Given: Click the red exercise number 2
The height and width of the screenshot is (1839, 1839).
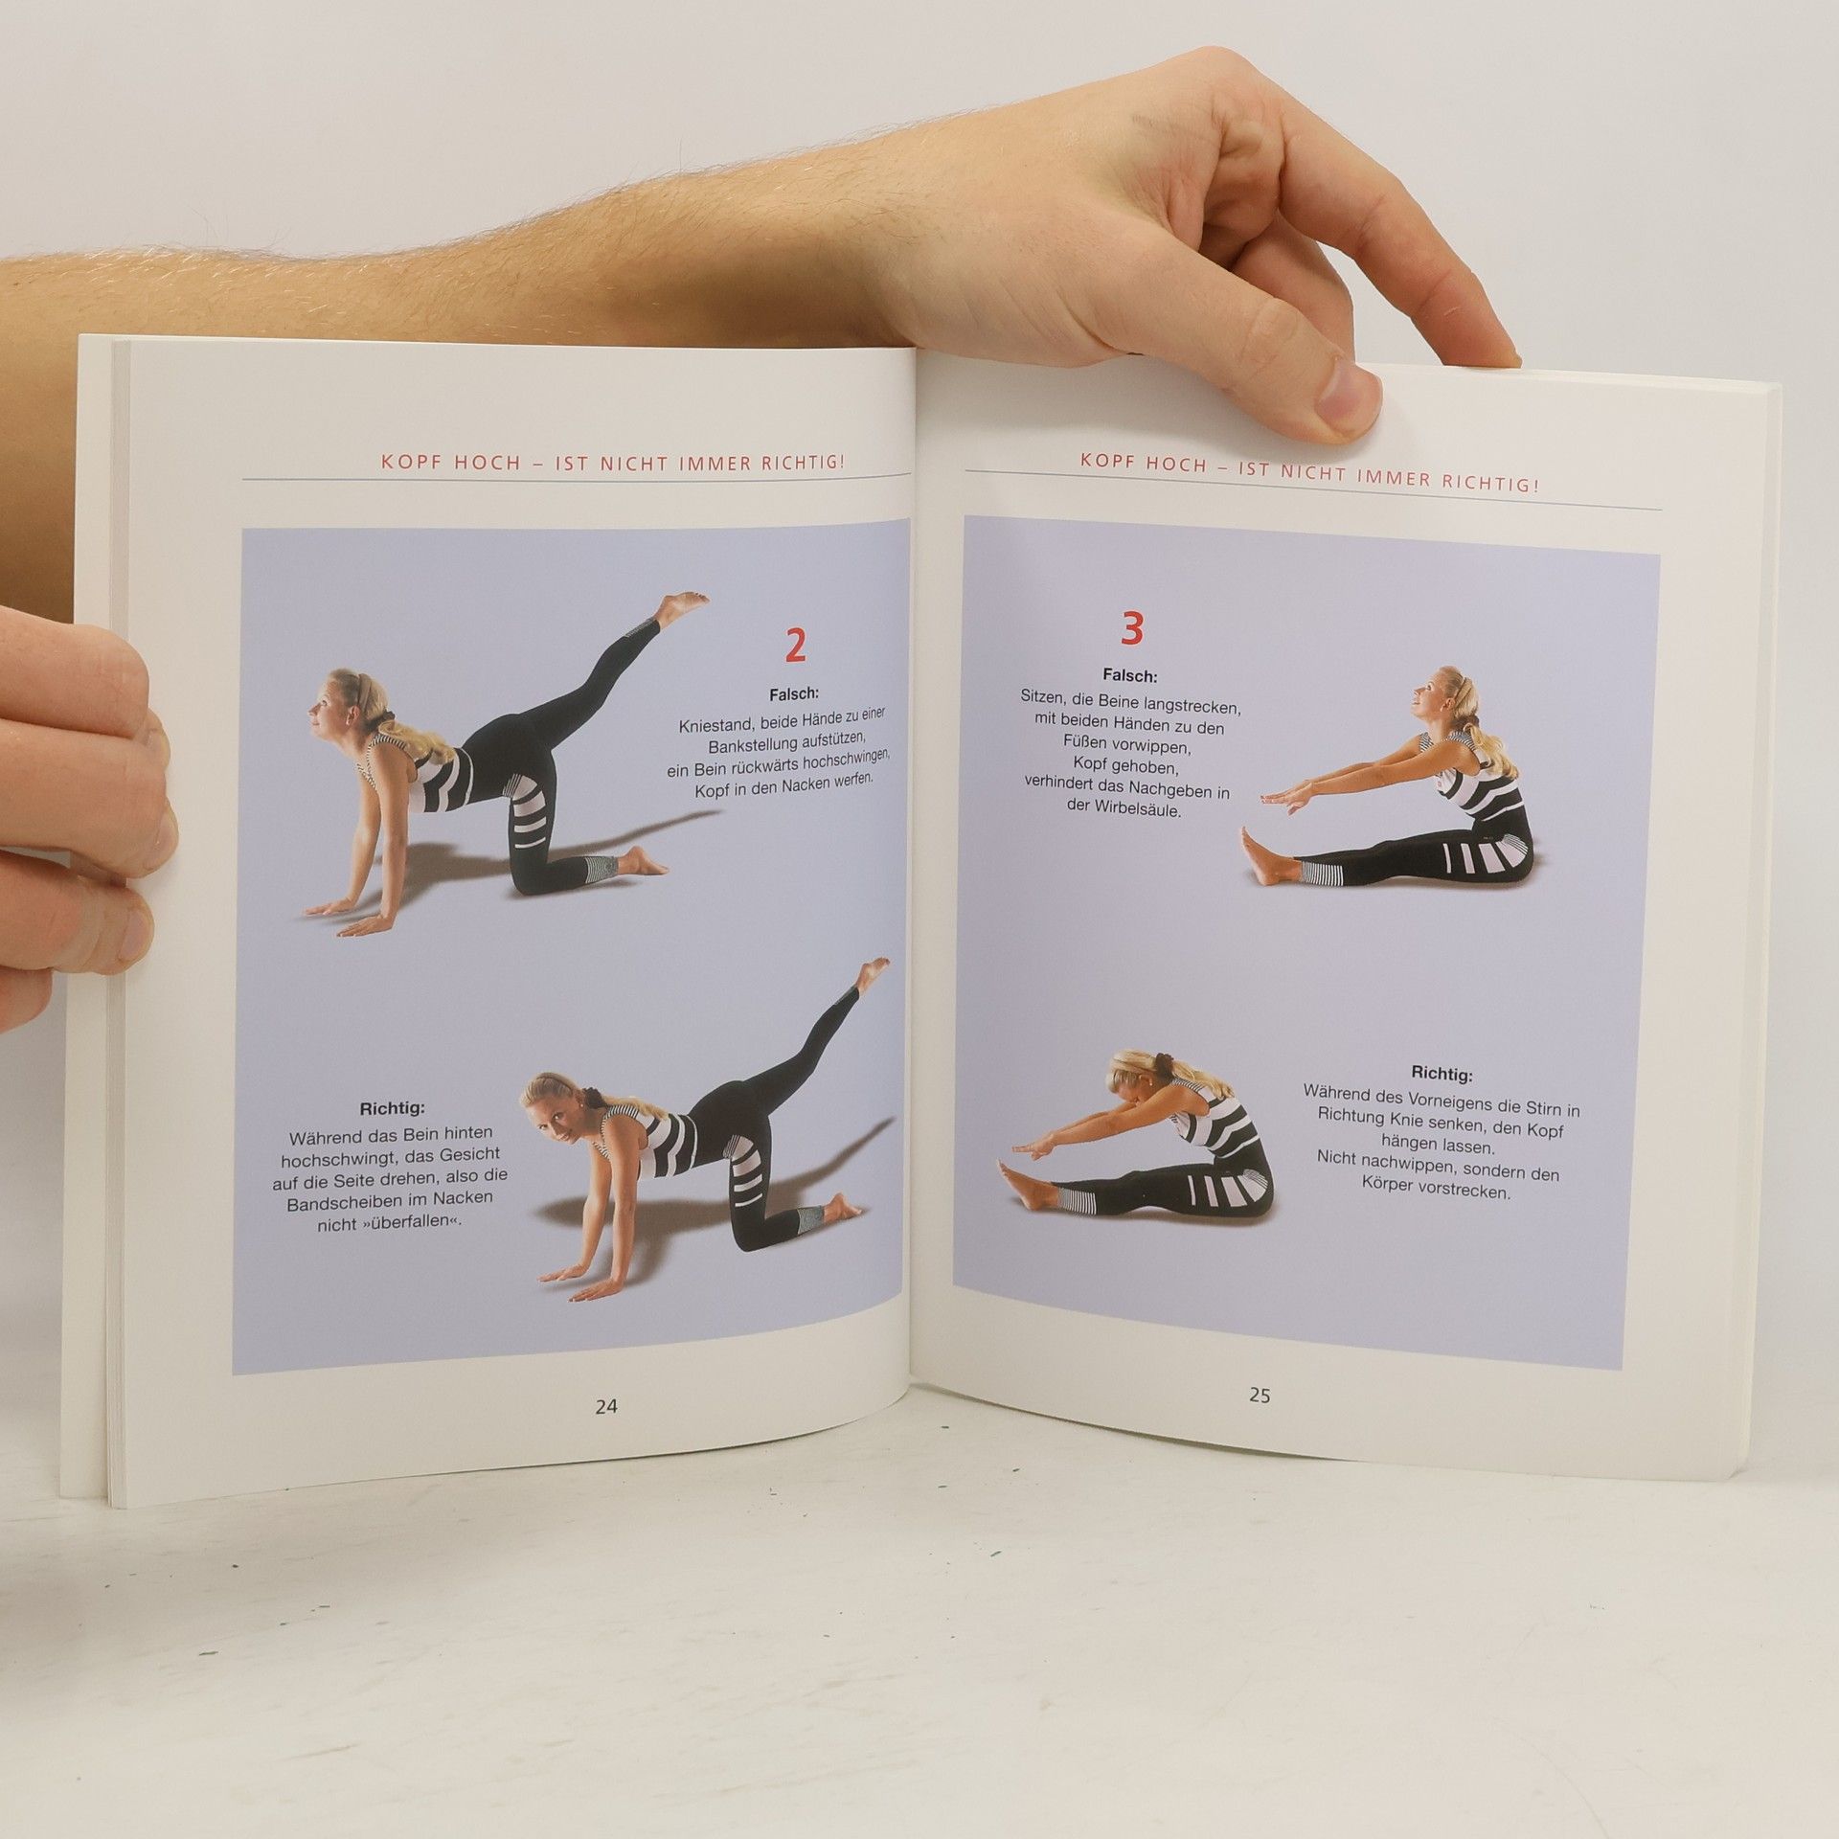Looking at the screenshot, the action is point(795,647).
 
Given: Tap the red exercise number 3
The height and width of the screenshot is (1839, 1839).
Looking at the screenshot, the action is point(1131,629).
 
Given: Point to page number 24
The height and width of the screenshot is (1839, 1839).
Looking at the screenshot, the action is point(606,1406).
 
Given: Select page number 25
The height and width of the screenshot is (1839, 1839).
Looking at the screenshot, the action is point(1260,1396).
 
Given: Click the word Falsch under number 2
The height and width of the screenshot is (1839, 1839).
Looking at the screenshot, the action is point(794,693).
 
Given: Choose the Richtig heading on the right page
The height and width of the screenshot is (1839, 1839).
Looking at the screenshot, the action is point(1442,1073).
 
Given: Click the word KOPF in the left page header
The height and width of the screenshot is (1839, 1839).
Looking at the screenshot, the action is point(404,462).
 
